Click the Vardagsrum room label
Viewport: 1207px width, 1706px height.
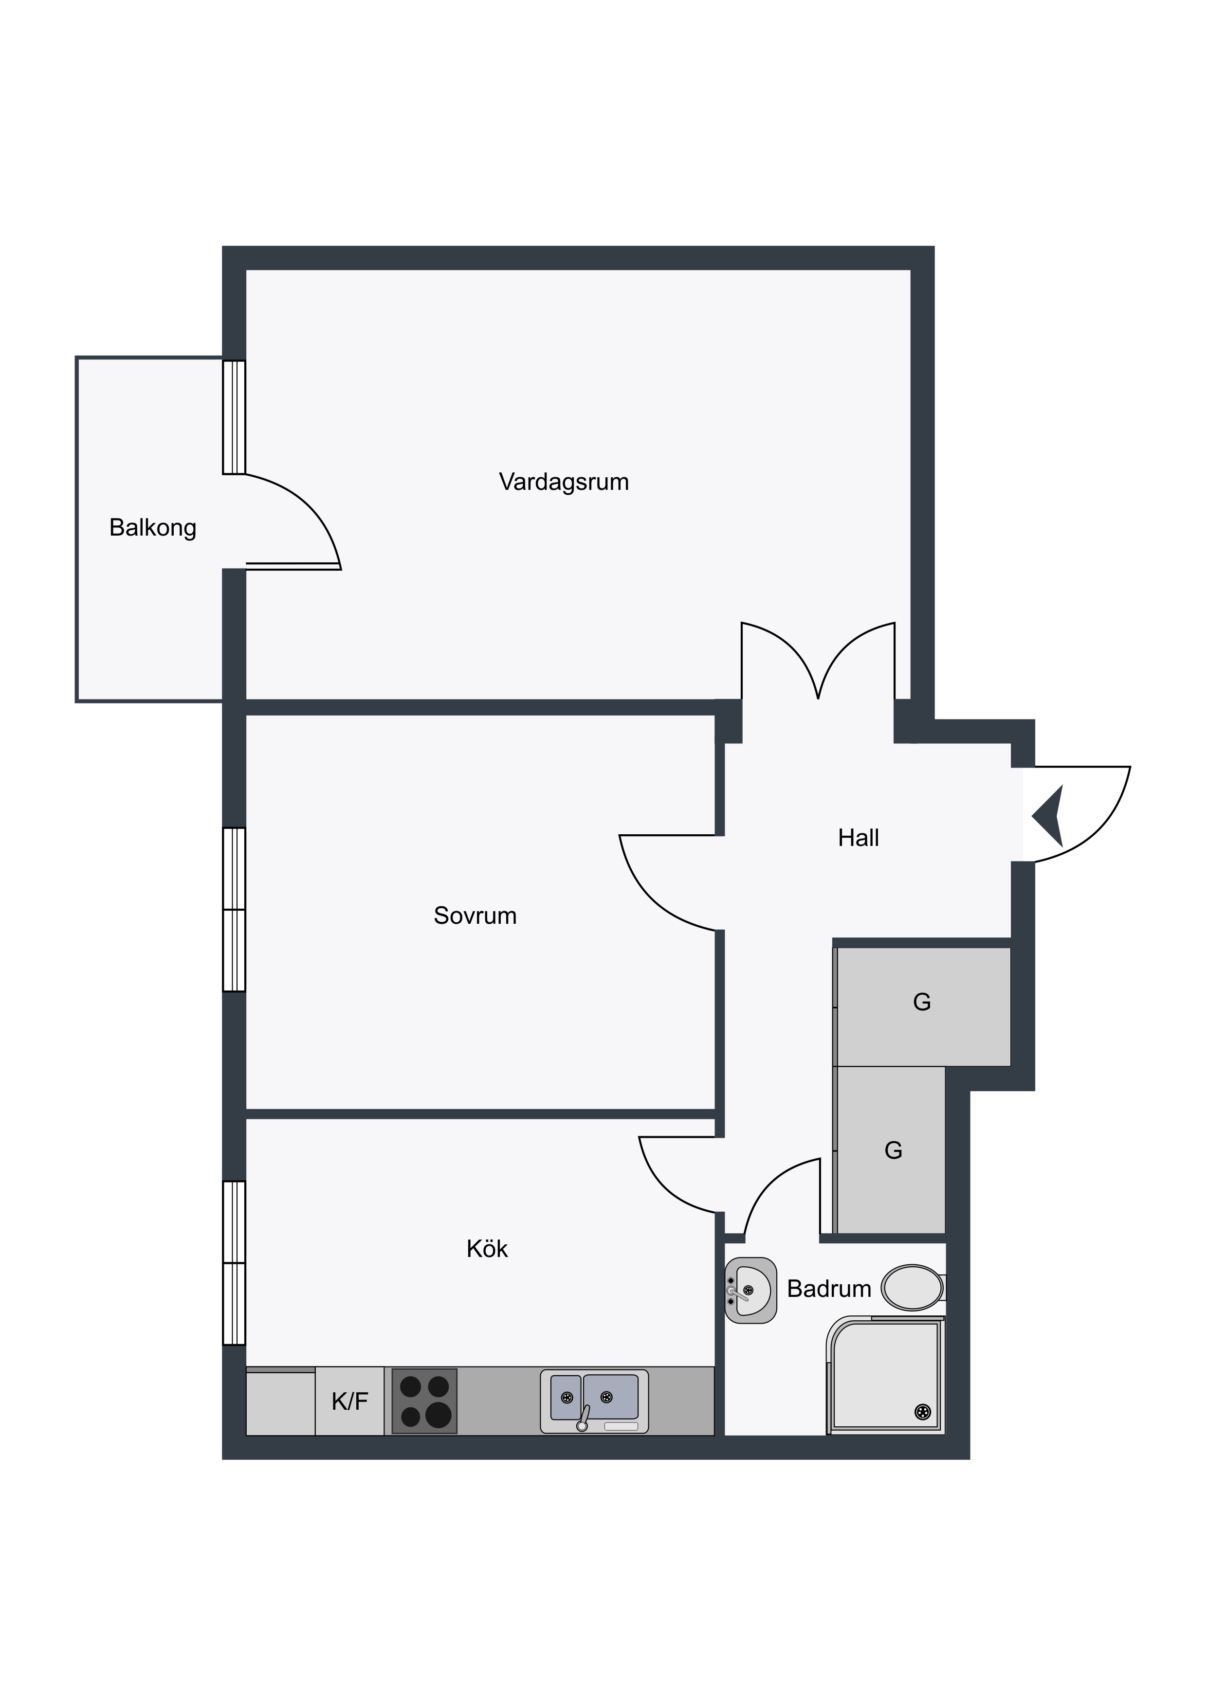point(564,482)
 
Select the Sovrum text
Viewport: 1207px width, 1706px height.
point(475,916)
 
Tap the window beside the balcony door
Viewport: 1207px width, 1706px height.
point(234,417)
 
